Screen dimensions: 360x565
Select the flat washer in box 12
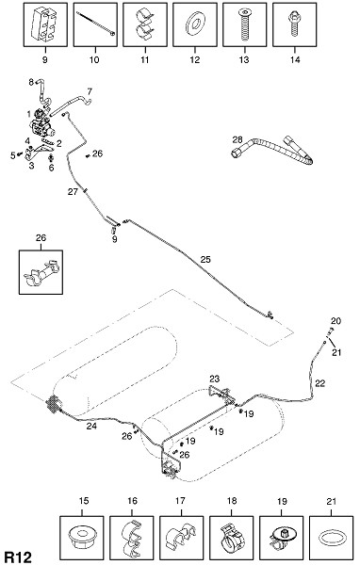[x=195, y=24]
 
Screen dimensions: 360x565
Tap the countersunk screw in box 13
[x=244, y=24]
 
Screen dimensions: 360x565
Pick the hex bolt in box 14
[x=294, y=24]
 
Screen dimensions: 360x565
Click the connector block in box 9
[x=44, y=24]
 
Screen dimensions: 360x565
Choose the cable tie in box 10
[x=95, y=23]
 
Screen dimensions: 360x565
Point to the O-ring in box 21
[x=331, y=538]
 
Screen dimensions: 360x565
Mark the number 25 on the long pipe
[x=205, y=260]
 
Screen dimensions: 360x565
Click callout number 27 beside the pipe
[x=73, y=192]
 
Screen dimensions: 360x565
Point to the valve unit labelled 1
[x=41, y=124]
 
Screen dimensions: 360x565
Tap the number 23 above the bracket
[x=214, y=379]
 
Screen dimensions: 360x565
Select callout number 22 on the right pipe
[x=320, y=383]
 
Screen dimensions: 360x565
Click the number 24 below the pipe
[x=91, y=426]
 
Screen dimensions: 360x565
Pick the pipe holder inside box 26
[x=41, y=272]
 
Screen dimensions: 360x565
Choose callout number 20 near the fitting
[x=335, y=321]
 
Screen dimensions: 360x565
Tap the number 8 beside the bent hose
[x=31, y=82]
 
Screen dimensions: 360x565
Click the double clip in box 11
[x=144, y=24]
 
